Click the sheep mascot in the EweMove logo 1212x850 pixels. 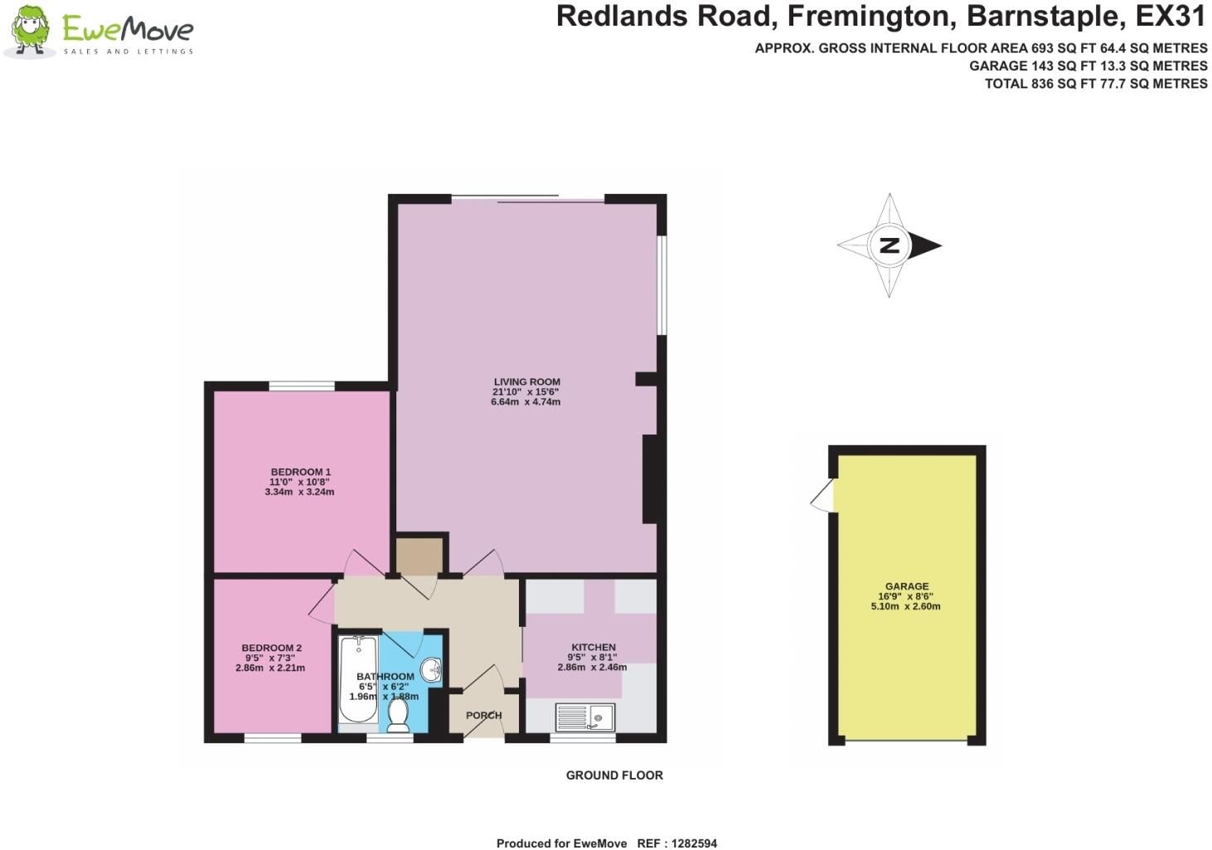30,32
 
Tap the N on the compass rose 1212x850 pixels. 889,245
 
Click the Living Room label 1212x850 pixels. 526,382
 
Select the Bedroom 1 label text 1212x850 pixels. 300,472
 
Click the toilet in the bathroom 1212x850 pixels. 399,716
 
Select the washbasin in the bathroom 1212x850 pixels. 432,669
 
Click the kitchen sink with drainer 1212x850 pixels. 584,716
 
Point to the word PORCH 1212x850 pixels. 483,716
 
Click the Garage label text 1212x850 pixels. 907,586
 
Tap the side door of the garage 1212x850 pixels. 822,498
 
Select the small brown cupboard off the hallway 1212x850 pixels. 419,556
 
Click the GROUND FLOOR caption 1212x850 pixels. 614,775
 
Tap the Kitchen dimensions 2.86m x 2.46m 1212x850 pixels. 592,667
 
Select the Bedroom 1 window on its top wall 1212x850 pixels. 302,386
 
